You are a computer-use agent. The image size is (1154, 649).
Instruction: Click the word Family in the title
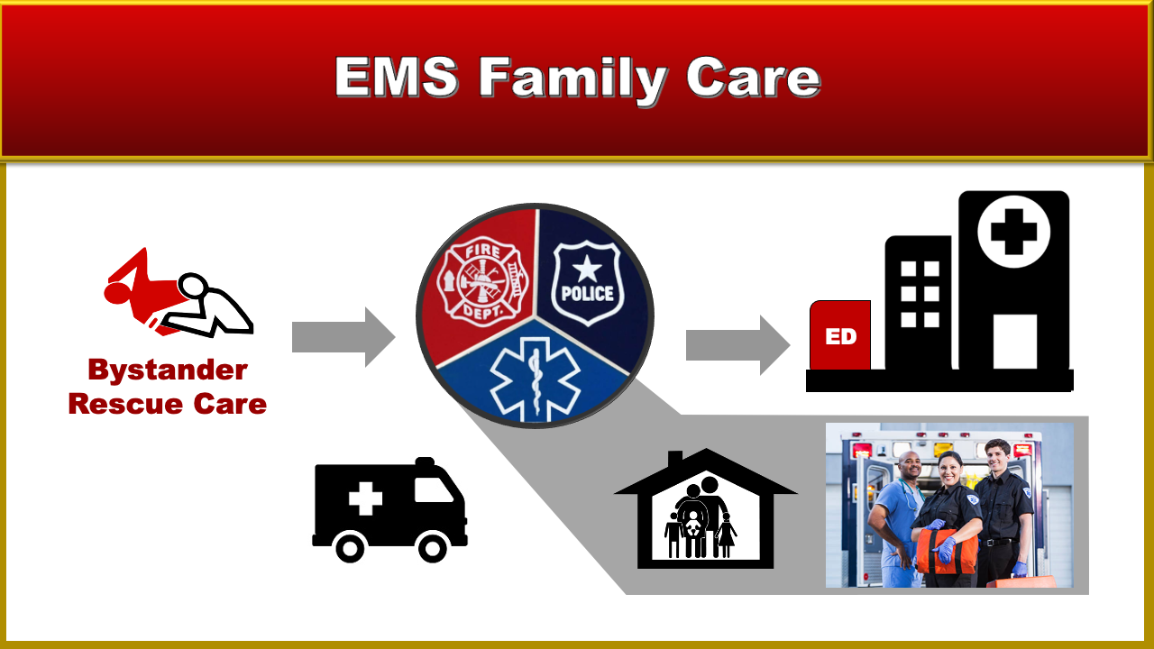572,78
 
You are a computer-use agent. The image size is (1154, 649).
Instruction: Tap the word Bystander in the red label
168,370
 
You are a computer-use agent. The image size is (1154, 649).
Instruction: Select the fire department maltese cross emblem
482,281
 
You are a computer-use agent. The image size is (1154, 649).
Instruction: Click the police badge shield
587,283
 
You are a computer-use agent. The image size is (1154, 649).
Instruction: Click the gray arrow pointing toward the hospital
737,345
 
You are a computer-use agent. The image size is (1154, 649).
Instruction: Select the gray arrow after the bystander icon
343,337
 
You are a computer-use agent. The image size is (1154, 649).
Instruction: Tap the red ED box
840,335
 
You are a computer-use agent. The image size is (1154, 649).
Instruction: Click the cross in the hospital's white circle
1014,232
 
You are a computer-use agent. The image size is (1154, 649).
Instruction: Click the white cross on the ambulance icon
365,498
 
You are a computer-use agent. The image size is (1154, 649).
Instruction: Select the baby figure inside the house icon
693,524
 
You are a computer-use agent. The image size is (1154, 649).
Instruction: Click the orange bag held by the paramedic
947,551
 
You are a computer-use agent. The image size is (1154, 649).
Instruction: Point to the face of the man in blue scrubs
911,465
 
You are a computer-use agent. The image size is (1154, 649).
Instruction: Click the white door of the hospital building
1015,342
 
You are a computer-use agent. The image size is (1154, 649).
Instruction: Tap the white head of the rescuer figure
193,285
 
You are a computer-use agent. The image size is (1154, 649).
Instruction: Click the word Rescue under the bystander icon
125,405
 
